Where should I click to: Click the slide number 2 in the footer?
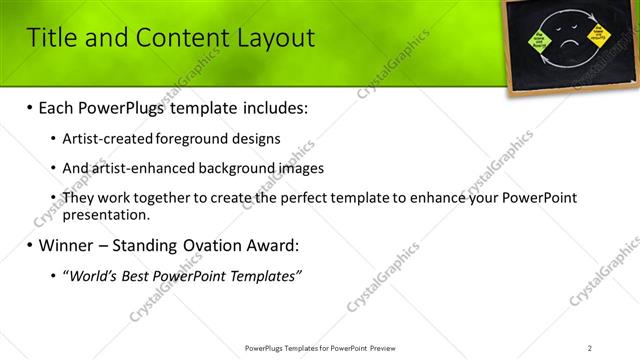coord(590,347)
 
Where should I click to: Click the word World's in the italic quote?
coord(96,276)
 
